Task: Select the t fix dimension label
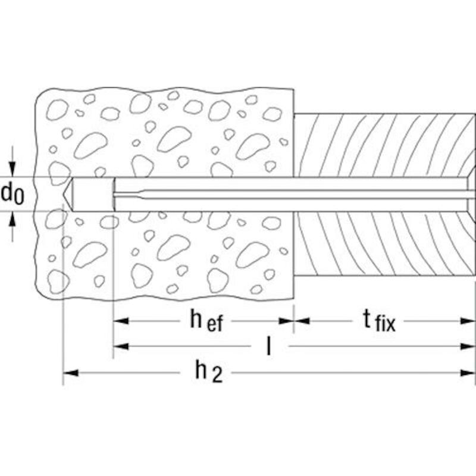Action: pos(379,321)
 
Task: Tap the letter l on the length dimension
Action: pos(268,346)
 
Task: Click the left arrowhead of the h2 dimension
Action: pos(70,373)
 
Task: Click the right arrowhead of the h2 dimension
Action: pos(468,373)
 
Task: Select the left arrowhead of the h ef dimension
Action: pos(121,321)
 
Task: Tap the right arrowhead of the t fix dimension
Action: pos(468,321)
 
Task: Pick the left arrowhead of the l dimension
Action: pos(121,346)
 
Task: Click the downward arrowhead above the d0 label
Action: pos(12,169)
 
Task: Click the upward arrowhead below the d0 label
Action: pos(12,219)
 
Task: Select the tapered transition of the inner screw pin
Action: pos(141,194)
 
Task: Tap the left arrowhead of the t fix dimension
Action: pos(302,321)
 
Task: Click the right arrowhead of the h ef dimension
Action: pos(286,321)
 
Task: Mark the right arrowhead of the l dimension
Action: pos(468,346)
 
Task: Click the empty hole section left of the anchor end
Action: pos(93,194)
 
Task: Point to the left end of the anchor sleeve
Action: pos(114,194)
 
